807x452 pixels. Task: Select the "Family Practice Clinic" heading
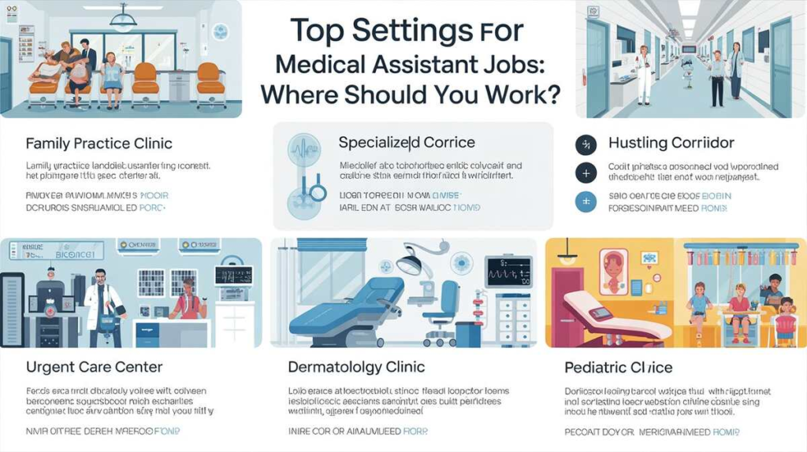coord(99,144)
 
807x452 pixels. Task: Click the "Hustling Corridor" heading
coord(671,143)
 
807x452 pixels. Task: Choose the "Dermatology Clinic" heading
coord(357,367)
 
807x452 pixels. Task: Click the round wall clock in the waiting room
coord(220,32)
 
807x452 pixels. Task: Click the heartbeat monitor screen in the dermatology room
coord(508,272)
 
